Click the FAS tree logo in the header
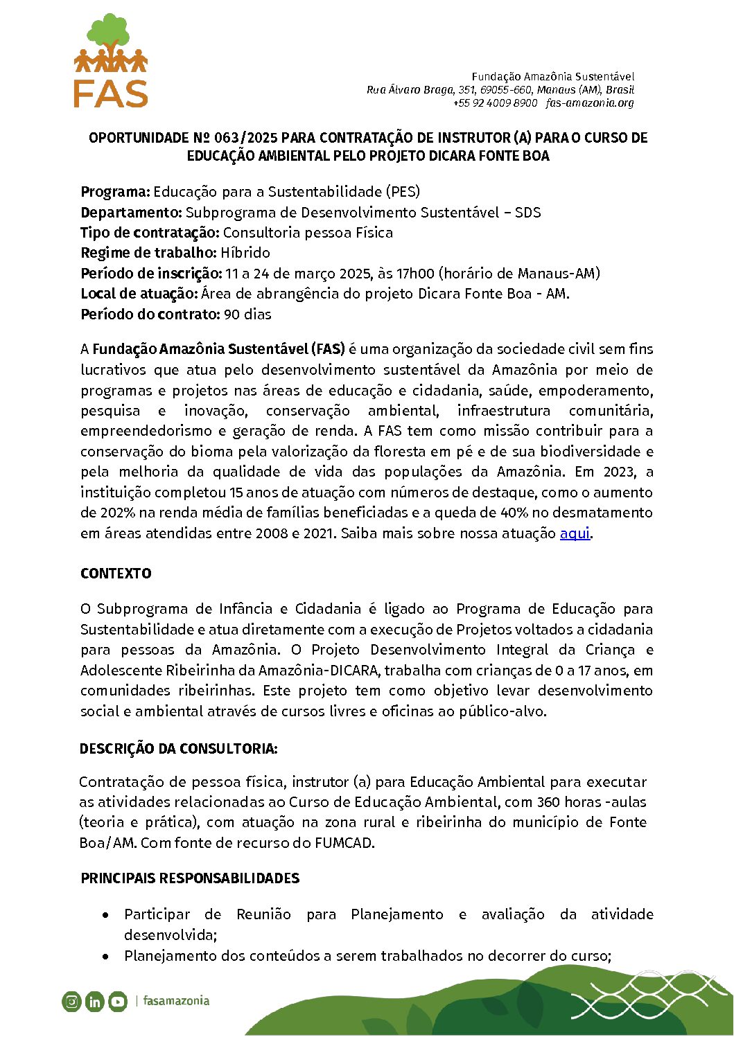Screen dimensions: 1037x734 click(x=111, y=61)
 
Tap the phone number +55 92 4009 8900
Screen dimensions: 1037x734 click(x=495, y=103)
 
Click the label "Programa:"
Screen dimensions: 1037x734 click(x=115, y=192)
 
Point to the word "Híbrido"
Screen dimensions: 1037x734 click(x=245, y=253)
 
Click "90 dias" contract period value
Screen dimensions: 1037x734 click(x=247, y=314)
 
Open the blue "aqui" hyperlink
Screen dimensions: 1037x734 click(x=575, y=533)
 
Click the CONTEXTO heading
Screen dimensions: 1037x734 click(x=116, y=574)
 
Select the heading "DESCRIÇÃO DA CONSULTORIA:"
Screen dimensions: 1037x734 click(x=179, y=749)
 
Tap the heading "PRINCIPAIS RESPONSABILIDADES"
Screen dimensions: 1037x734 click(x=190, y=878)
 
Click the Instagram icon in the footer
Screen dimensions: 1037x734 click(x=71, y=1001)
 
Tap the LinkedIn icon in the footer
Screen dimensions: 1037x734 click(x=94, y=1001)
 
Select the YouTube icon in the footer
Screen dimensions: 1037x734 click(x=118, y=1001)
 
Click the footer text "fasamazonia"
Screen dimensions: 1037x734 click(x=176, y=1001)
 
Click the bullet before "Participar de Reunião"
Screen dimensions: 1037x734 click(x=105, y=916)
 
